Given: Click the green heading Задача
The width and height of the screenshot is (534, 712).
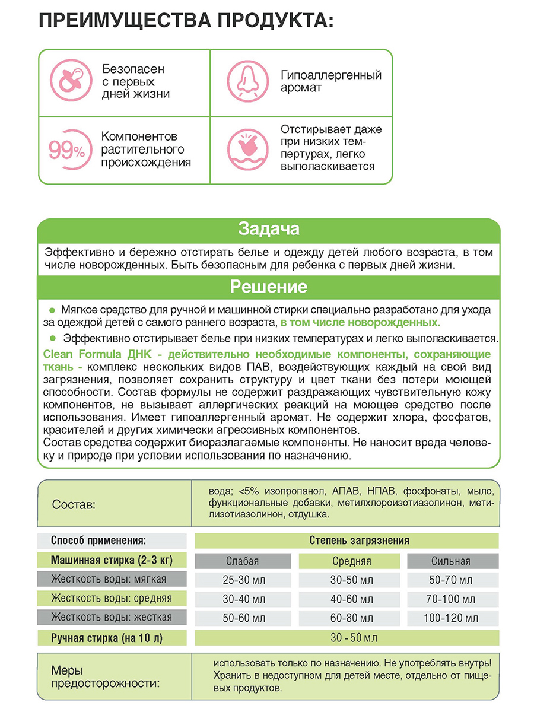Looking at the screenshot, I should (x=268, y=229).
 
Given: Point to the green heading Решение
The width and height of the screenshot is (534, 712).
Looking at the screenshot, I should (x=268, y=288).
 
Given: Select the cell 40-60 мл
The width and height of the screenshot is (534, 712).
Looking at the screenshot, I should (x=352, y=599).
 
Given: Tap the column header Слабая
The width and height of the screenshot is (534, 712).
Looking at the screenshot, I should (x=243, y=561).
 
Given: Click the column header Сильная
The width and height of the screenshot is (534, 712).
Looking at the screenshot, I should (x=450, y=561).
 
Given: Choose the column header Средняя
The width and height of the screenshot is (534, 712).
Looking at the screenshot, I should (x=352, y=561).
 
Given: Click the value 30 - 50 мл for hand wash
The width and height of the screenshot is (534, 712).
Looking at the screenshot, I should (x=354, y=638).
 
